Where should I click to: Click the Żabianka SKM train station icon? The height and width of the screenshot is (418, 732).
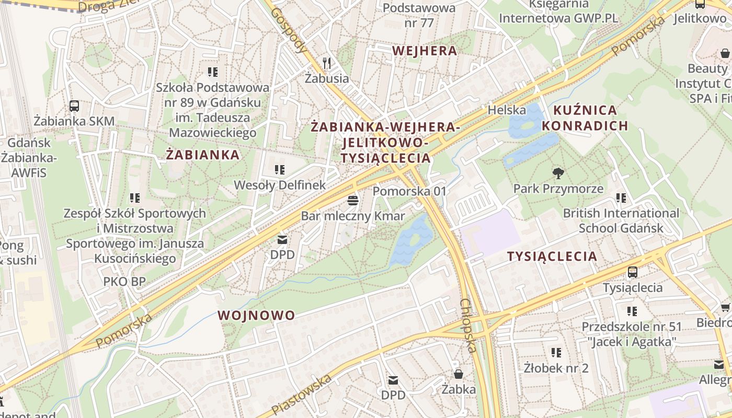coord(74,106)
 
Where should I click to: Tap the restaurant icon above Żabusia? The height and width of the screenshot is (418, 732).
coord(327,63)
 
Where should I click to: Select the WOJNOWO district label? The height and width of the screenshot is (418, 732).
coord(256,315)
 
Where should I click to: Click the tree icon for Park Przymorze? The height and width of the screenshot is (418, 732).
coord(558,173)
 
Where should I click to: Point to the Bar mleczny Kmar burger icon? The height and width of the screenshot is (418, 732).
coord(353,201)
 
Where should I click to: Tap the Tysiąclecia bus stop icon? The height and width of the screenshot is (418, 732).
coord(633,272)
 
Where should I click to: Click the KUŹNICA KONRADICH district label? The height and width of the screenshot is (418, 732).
coord(585,118)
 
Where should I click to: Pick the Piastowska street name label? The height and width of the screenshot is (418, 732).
coord(302,394)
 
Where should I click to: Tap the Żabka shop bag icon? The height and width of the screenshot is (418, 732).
coord(459,374)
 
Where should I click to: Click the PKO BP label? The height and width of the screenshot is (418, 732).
coord(124,282)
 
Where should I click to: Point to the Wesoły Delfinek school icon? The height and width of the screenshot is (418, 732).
coord(280,170)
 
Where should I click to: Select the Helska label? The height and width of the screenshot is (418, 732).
coord(506,110)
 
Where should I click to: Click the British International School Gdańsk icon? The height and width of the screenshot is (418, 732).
coord(621,198)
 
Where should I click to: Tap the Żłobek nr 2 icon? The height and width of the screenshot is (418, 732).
coord(556,353)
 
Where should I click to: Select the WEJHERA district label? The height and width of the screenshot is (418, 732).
coord(424,51)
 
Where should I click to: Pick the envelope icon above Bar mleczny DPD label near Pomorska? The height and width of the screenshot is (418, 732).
coord(282,240)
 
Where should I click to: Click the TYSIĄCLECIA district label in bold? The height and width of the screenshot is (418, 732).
coord(552,256)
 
